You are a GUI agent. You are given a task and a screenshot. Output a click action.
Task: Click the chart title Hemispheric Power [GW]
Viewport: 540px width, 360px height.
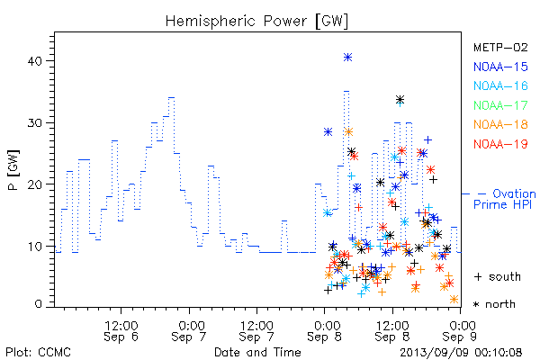(256, 22)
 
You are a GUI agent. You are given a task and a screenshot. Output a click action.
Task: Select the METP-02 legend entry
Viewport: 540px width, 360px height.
(500, 47)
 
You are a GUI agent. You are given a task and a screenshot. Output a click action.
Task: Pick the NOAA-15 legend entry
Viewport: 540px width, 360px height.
(500, 67)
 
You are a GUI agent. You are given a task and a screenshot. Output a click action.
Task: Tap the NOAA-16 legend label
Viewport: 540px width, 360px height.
(500, 85)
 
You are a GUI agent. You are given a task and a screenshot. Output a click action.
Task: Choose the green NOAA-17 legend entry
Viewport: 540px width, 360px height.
(500, 105)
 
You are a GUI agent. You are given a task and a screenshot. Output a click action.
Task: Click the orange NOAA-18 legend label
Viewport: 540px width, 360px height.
(500, 124)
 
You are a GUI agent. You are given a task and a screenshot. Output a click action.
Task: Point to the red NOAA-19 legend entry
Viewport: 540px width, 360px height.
(500, 144)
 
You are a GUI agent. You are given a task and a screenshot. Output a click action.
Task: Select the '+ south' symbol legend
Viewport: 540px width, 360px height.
(498, 276)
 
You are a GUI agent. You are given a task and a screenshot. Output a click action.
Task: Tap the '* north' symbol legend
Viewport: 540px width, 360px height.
(494, 304)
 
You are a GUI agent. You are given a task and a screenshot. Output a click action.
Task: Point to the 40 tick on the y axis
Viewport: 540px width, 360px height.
(34, 61)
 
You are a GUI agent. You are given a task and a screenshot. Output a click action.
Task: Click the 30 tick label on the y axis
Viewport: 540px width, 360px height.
(34, 123)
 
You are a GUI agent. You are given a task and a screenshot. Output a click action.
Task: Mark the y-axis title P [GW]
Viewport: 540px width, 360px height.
(14, 170)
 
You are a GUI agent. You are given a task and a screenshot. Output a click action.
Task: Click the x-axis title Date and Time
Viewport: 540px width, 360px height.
(257, 353)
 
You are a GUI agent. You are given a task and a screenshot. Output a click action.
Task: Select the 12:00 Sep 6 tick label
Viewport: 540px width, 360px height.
(121, 331)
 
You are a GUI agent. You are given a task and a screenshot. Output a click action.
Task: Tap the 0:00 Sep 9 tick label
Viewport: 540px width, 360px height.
(460, 331)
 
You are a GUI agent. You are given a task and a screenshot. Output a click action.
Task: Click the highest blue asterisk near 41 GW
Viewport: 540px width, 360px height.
(347, 58)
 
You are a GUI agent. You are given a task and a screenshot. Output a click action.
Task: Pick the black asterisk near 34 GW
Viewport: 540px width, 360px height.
(400, 100)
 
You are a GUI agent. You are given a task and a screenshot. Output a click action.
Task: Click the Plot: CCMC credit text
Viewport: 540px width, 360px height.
(38, 353)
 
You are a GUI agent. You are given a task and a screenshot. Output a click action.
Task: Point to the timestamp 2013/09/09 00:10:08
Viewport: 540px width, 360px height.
(461, 353)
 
